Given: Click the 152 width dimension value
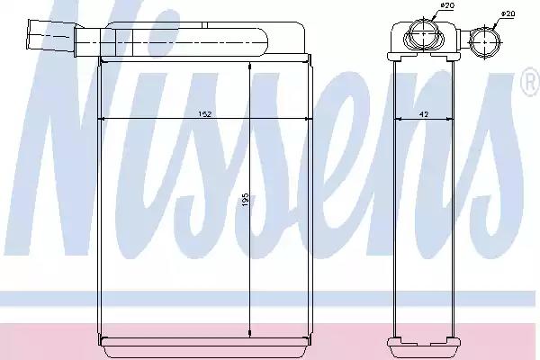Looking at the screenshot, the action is point(204,114).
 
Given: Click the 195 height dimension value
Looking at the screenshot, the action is point(245,200).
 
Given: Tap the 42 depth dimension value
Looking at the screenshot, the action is point(424,114).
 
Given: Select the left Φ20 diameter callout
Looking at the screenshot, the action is point(447,5).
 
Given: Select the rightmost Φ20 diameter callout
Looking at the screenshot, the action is point(508,13).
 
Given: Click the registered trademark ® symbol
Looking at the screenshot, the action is point(531,82).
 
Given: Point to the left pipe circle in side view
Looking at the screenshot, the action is point(423,34).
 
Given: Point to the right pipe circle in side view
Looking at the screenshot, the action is point(485,41).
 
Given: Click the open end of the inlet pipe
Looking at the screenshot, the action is point(28,34).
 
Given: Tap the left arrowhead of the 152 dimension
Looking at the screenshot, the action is point(101,119).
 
